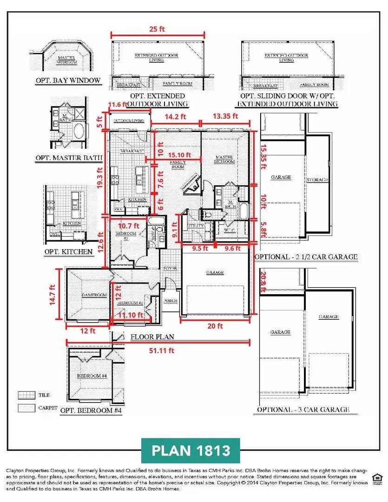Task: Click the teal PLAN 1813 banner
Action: (191, 450)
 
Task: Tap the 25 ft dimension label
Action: (158, 27)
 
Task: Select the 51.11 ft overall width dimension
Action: (158, 350)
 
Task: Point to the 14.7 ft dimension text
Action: (54, 295)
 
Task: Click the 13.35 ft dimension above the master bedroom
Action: (225, 116)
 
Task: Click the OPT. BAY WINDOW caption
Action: (68, 80)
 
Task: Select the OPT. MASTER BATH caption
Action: (68, 158)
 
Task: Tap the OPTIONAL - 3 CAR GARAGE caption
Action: (303, 410)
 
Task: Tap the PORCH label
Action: (171, 301)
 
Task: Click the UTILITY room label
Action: (196, 225)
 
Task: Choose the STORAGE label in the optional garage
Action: (317, 179)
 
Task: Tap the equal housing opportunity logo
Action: (377, 478)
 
